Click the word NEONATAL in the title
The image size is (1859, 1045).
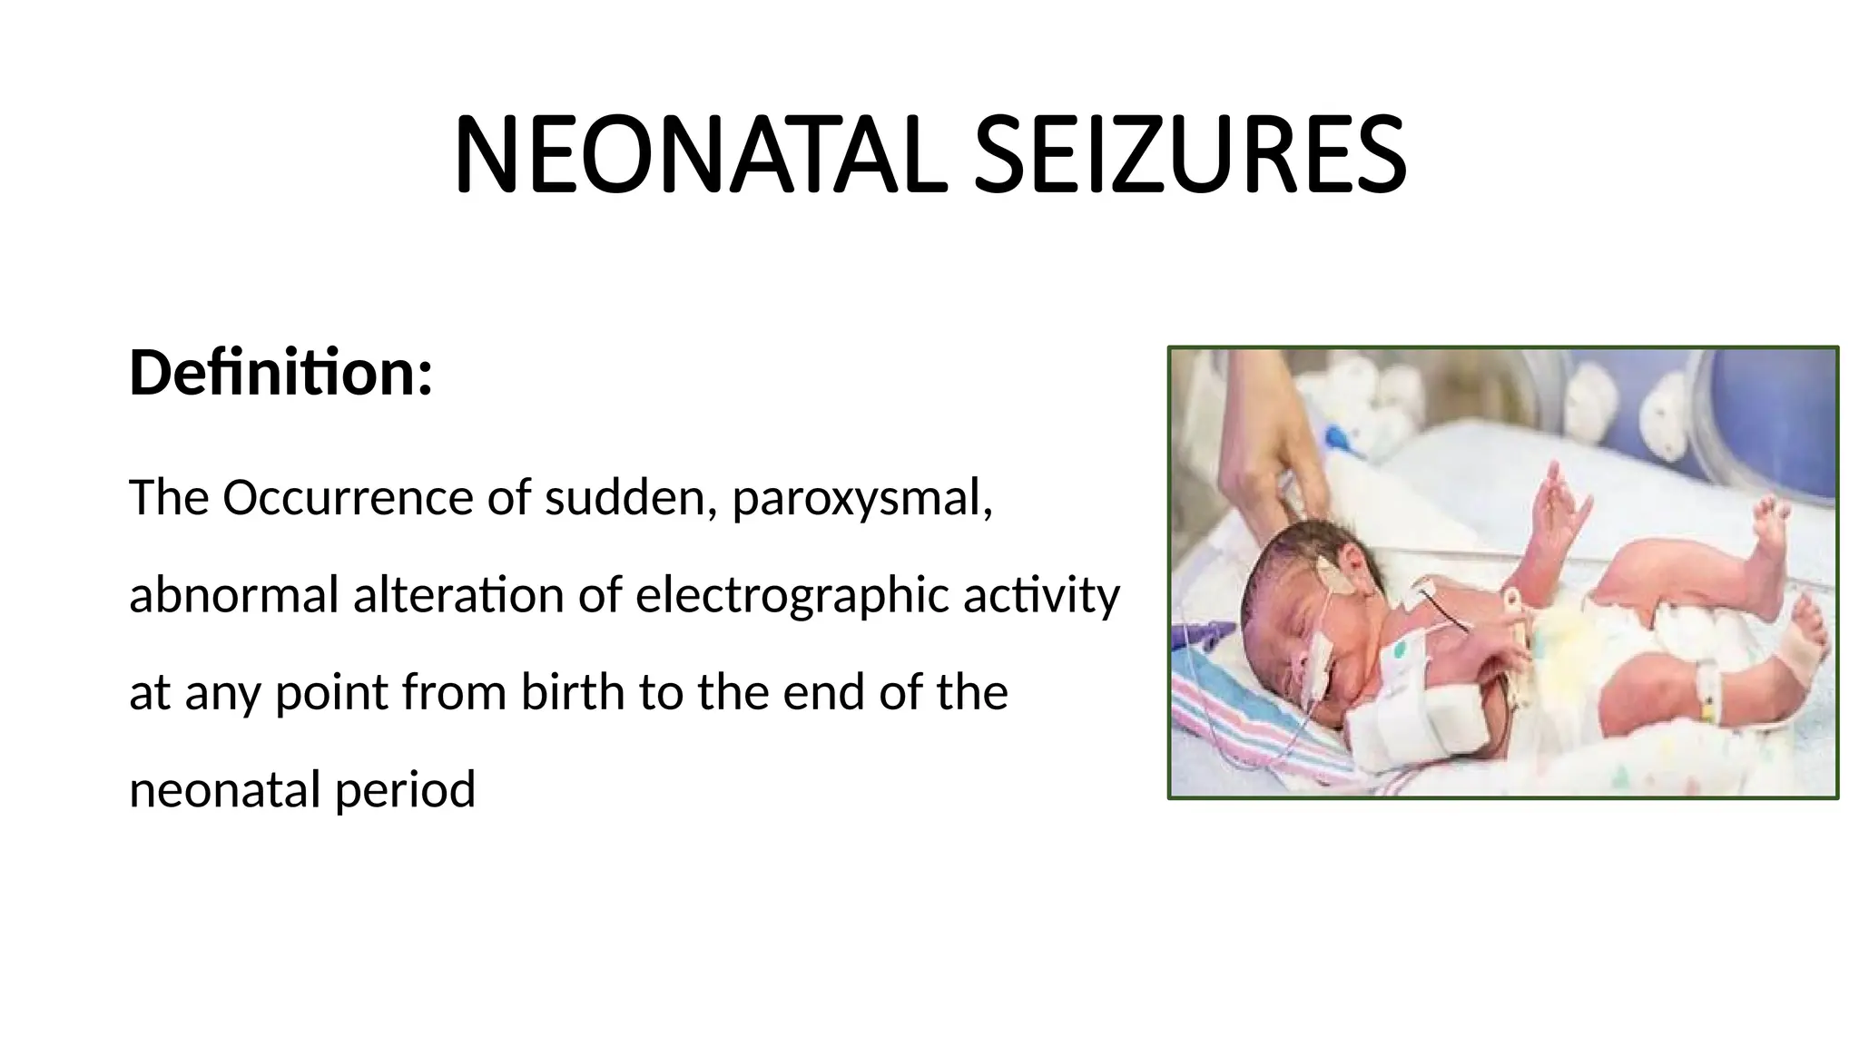coord(699,155)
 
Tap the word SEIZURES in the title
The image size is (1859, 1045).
coord(1189,155)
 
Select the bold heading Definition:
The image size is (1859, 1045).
coord(280,373)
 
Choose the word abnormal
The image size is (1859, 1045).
coord(233,595)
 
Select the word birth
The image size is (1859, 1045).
coord(573,692)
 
